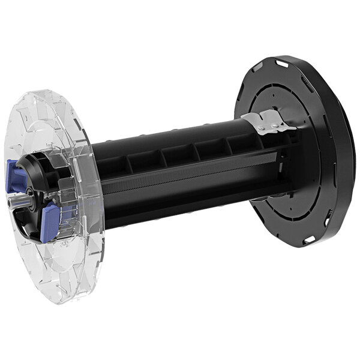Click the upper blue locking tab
point(17,178)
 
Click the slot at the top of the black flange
point(281,61)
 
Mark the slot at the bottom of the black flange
point(308,240)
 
